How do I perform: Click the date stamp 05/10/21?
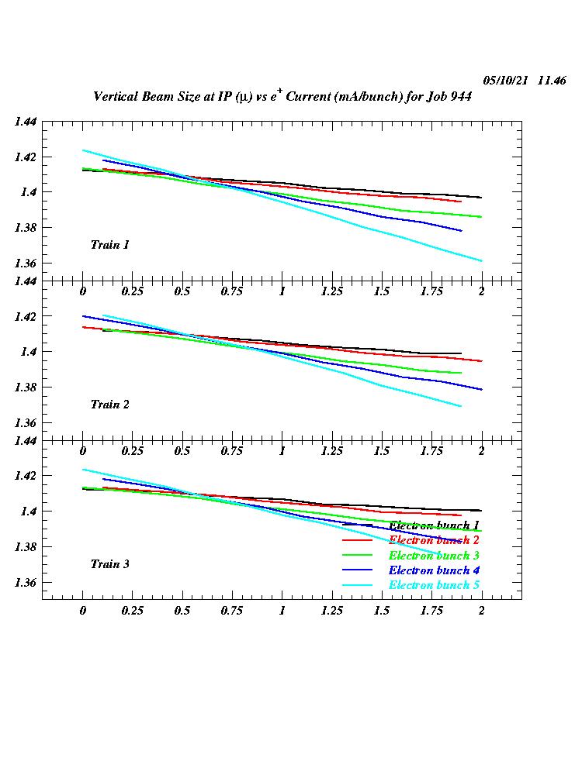[506, 81]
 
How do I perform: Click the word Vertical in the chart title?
[117, 97]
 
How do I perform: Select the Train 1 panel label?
[110, 245]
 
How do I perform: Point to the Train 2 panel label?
[110, 405]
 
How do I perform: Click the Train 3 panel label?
[110, 564]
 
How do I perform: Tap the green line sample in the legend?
[359, 556]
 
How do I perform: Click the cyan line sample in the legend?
[359, 585]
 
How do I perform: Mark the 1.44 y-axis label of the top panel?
[25, 122]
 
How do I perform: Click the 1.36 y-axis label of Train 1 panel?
[25, 263]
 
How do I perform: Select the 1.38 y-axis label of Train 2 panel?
[25, 387]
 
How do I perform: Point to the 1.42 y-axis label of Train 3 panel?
[25, 476]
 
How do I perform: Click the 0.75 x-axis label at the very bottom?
[232, 611]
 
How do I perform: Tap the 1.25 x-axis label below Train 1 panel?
[332, 291]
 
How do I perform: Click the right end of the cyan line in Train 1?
[481, 260]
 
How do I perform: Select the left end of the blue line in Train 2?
[84, 316]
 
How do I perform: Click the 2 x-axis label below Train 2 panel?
[481, 451]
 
